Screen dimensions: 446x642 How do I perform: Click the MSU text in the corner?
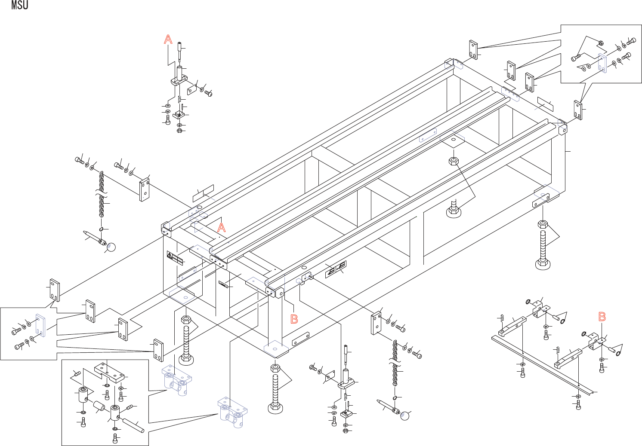20,6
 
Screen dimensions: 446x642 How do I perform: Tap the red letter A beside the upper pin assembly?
168,40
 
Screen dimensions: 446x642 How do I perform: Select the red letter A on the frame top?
221,227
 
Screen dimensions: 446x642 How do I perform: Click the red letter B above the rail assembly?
602,317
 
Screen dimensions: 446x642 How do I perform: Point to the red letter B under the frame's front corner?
294,319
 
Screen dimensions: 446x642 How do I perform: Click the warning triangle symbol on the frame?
170,256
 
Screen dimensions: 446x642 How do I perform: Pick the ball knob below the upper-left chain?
111,247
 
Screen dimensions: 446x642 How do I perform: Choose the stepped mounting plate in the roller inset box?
110,372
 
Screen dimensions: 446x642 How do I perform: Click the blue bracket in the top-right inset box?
602,63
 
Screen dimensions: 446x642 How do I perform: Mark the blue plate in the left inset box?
40,325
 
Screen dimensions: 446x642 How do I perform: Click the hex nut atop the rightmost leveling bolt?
542,224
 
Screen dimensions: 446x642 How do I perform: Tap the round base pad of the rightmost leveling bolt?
543,263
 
